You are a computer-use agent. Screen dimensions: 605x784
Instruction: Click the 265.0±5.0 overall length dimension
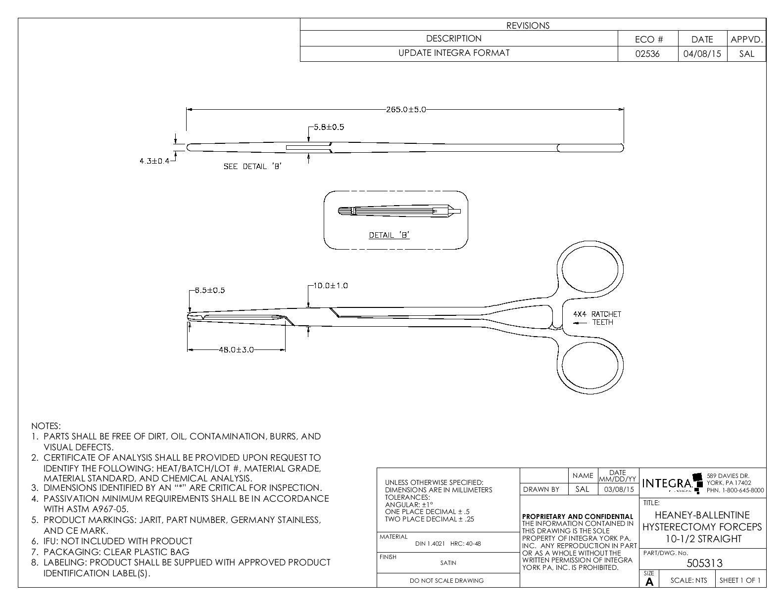click(405, 110)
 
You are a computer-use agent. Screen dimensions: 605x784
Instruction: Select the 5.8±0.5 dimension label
click(328, 127)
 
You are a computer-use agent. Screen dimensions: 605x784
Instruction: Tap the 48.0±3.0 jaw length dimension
click(236, 350)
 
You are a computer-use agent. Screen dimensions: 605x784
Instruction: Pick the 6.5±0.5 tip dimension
click(209, 290)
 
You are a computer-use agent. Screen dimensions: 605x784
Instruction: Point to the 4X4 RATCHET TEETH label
click(596, 318)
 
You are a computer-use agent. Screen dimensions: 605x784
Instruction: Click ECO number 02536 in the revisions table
click(647, 54)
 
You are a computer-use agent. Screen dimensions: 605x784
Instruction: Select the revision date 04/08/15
click(702, 54)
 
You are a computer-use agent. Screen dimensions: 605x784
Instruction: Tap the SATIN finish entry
click(448, 562)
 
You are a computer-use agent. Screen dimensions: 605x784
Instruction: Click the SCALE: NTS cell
click(688, 580)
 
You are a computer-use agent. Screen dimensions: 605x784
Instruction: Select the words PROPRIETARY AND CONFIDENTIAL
click(578, 517)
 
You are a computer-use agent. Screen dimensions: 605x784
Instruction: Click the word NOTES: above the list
click(46, 426)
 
